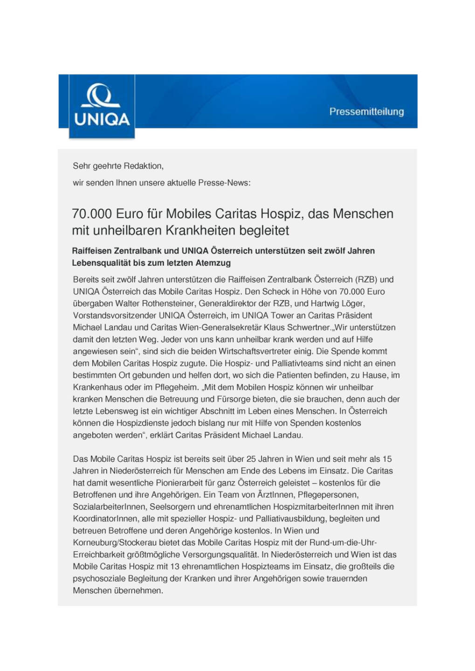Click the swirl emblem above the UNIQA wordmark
(101, 96)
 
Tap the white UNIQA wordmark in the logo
(102, 119)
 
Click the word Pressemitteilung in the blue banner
(366, 112)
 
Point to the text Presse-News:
(224, 183)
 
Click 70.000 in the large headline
(92, 214)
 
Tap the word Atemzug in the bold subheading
(213, 263)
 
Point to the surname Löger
(352, 303)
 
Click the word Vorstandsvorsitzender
(114, 315)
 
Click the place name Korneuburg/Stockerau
(114, 543)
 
